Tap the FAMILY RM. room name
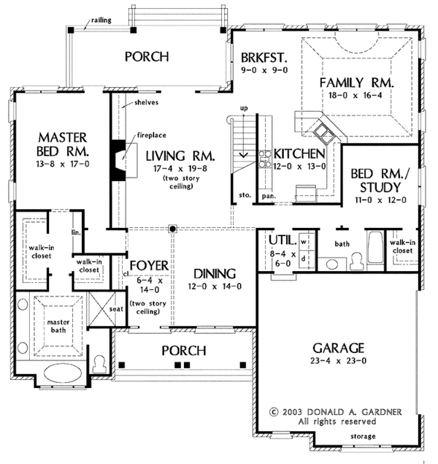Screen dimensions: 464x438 coord(356,83)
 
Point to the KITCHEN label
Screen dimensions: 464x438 coord(299,154)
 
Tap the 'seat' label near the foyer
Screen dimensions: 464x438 coord(115,309)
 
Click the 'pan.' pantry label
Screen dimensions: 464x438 coord(268,196)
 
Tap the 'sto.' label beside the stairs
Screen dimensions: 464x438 coord(245,196)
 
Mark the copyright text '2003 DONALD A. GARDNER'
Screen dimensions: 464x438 coord(335,411)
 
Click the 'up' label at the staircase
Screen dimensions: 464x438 coord(244,108)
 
